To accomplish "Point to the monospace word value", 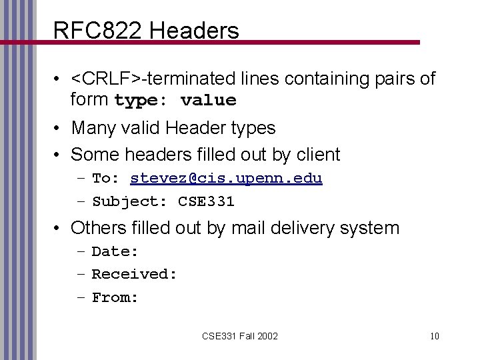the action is (208, 101).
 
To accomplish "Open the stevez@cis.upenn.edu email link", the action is (227, 178).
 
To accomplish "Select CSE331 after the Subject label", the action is (207, 201).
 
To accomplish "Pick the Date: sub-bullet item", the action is (115, 251).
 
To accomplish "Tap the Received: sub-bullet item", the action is (134, 274).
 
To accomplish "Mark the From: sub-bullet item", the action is (115, 297).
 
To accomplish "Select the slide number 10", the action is (435, 335).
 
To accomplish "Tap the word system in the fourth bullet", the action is (370, 228).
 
